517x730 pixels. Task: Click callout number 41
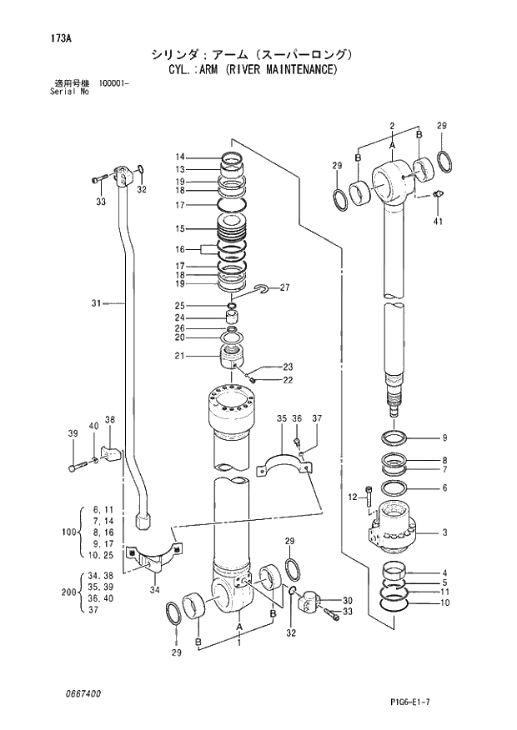point(439,221)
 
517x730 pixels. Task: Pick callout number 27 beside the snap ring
point(284,287)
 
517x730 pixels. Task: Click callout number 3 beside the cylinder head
point(445,532)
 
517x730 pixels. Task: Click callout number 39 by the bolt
point(73,432)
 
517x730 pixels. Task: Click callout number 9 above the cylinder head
point(445,437)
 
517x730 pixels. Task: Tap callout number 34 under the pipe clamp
point(153,591)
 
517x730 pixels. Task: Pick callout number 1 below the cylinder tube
point(239,643)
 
